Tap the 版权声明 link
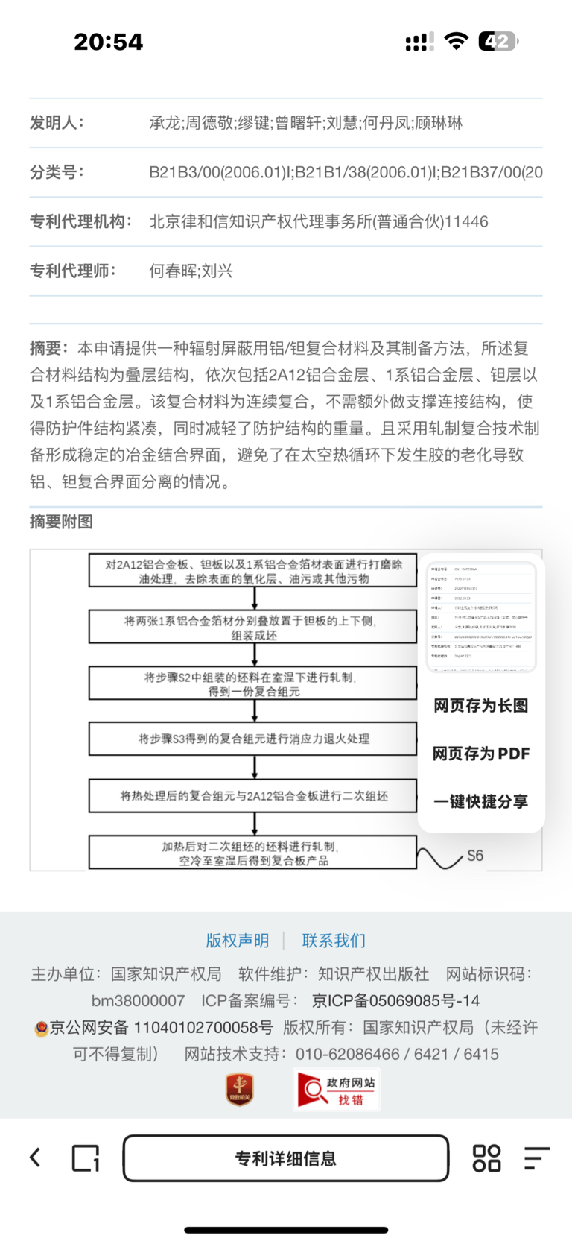[x=237, y=941]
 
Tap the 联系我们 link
[x=334, y=941]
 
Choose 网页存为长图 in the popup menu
[x=481, y=706]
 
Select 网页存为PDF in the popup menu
[x=481, y=754]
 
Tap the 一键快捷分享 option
[x=481, y=801]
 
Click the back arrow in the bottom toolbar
[x=35, y=1158]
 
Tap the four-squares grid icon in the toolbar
[x=486, y=1158]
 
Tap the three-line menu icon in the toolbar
[x=536, y=1158]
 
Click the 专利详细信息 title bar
[x=286, y=1158]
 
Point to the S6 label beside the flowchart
[x=475, y=856]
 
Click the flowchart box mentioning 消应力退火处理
[x=253, y=739]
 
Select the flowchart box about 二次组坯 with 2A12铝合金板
[x=253, y=795]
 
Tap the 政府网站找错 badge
[x=337, y=1090]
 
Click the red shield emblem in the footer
[x=240, y=1090]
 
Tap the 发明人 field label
[x=57, y=123]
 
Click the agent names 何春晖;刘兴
[x=191, y=271]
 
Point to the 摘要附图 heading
[x=61, y=522]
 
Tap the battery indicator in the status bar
[x=498, y=42]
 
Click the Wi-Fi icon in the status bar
[x=455, y=42]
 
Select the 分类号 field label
[x=57, y=172]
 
